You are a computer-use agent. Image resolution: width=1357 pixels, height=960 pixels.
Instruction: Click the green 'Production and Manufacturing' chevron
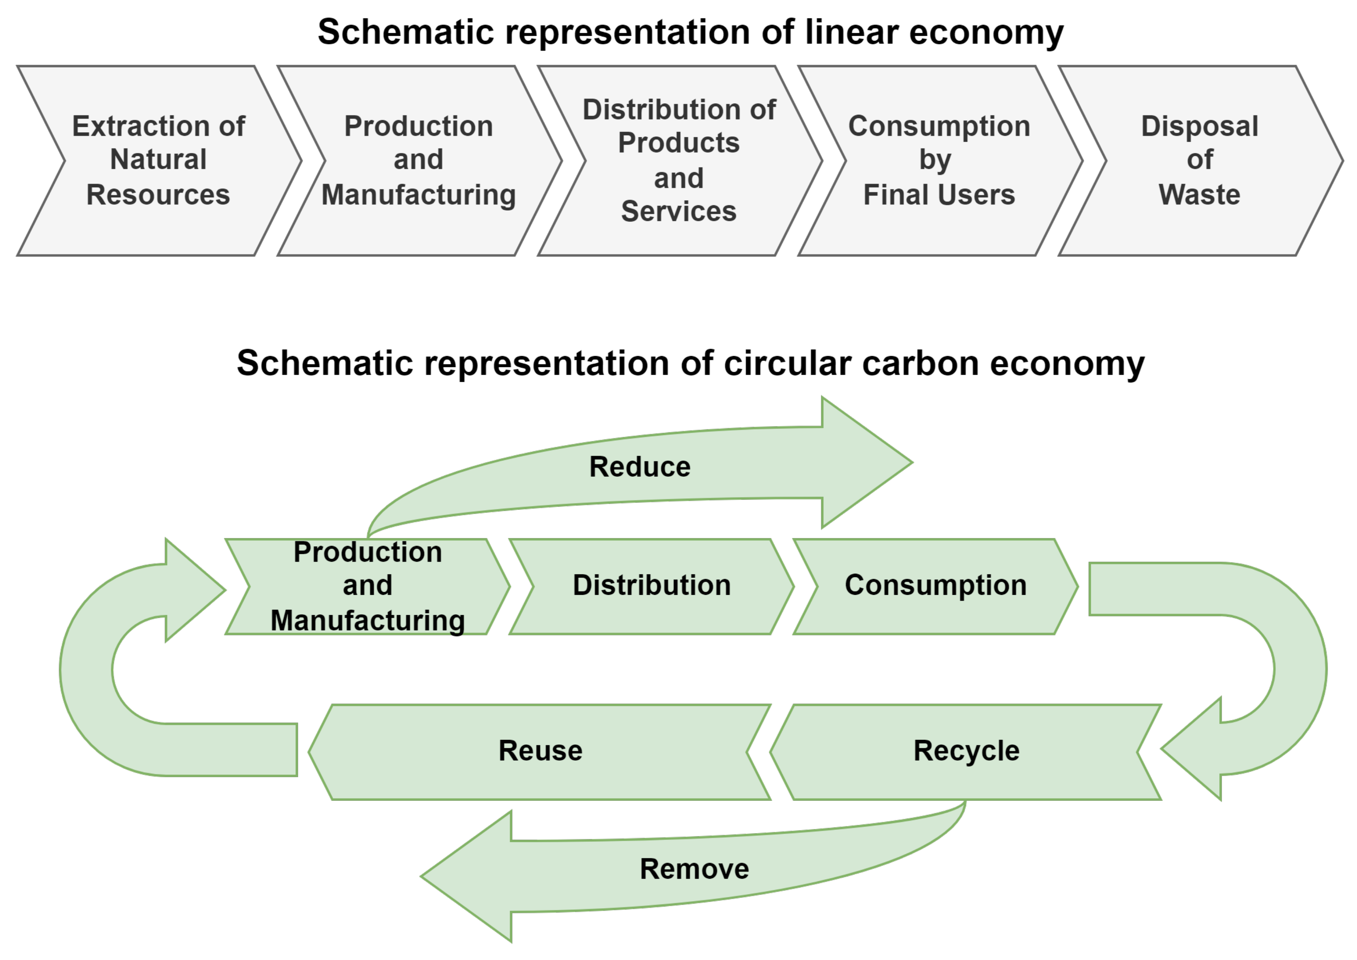coord(367,587)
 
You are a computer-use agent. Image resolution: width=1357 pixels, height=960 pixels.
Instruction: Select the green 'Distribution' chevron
coord(651,587)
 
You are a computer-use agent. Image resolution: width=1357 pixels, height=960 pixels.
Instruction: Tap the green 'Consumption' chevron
coord(935,587)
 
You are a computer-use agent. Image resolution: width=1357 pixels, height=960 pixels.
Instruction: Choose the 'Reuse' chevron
coord(540,752)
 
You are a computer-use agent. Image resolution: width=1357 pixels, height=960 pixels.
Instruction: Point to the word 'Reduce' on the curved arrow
coord(640,467)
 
